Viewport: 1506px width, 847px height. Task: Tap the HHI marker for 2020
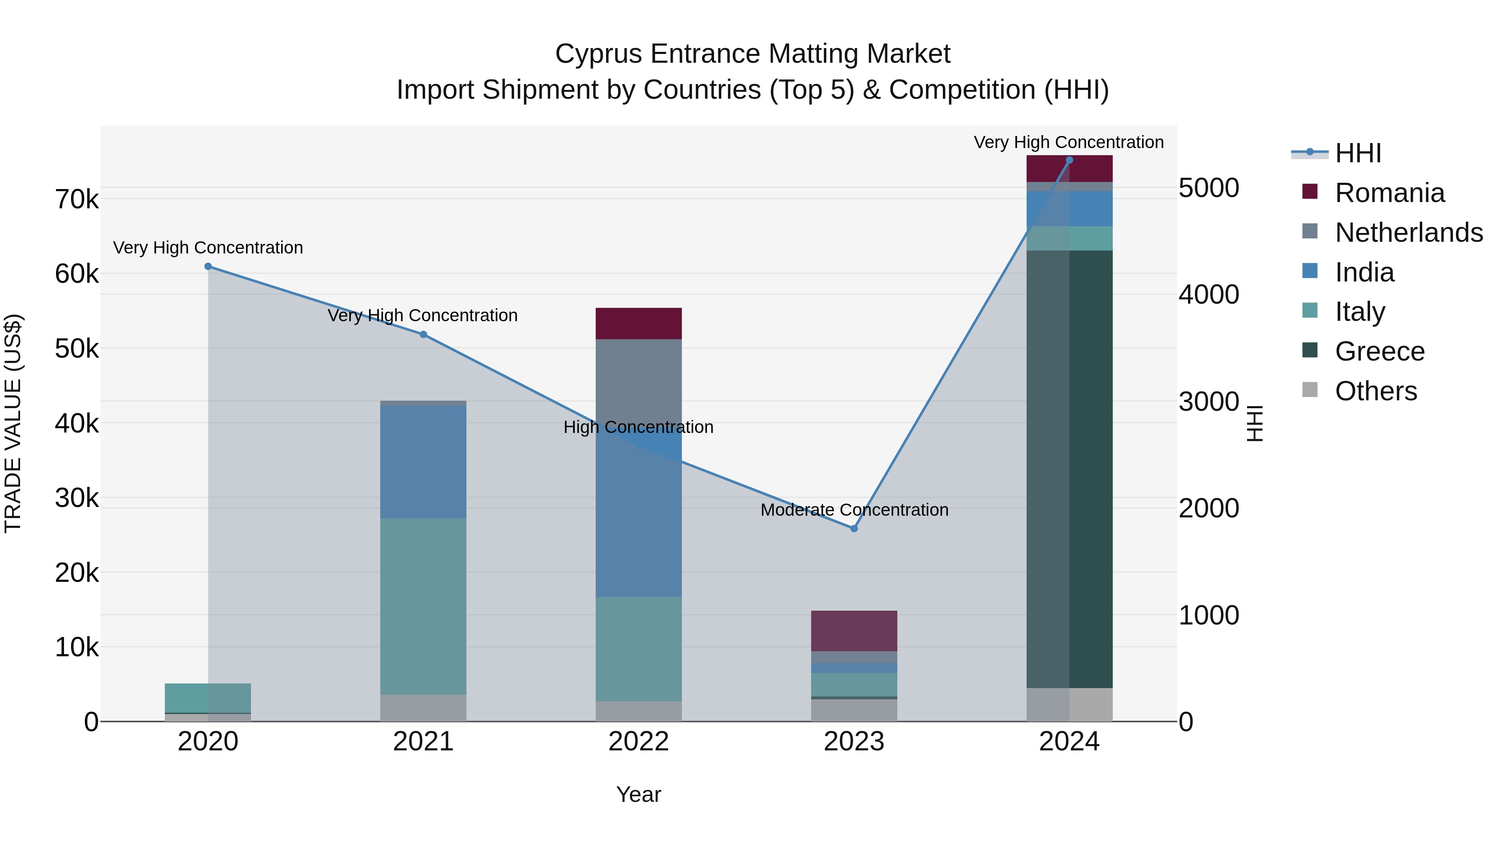[x=208, y=266]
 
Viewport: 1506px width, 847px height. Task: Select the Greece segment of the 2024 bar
[x=1069, y=468]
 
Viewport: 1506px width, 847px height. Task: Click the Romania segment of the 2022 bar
[x=638, y=323]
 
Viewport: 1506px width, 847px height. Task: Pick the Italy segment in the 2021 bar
[x=423, y=606]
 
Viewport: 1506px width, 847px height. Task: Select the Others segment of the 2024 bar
[x=1069, y=704]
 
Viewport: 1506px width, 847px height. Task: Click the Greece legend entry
[x=1379, y=351]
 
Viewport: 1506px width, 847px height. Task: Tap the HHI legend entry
[x=1357, y=153]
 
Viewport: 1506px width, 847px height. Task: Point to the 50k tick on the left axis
[x=77, y=349]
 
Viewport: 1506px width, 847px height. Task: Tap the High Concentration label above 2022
[x=638, y=427]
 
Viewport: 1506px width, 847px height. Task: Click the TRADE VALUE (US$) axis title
[x=13, y=423]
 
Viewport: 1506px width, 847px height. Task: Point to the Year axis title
[x=638, y=794]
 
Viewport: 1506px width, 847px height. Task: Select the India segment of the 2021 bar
[x=423, y=462]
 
